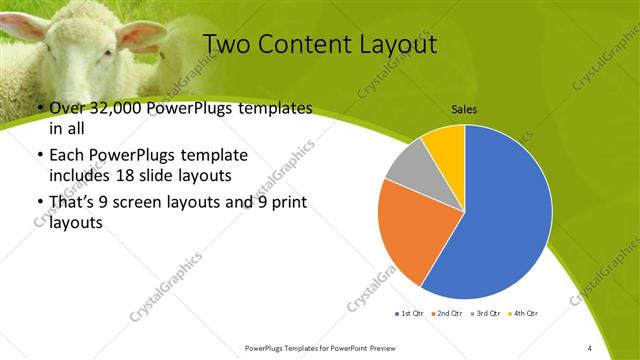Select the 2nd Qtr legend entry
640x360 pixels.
[446, 314]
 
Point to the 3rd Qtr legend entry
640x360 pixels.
[485, 314]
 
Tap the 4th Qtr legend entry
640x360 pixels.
[522, 314]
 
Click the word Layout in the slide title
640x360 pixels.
[394, 45]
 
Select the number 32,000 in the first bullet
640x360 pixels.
[117, 109]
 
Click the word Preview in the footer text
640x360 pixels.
[378, 347]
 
